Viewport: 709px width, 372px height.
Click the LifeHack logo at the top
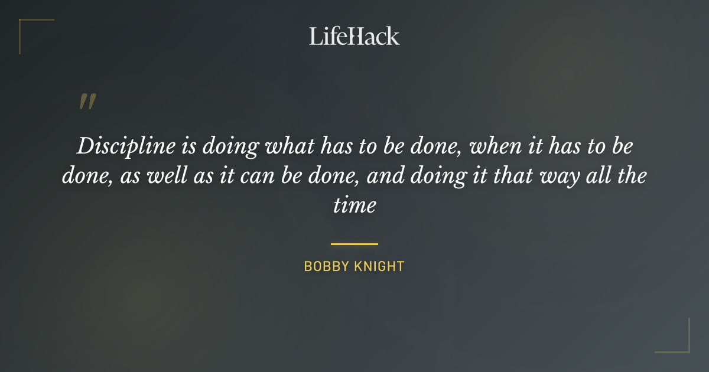click(354, 36)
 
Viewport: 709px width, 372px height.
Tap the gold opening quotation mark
click(87, 102)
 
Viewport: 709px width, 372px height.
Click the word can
click(268, 176)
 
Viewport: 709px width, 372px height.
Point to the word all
click(604, 176)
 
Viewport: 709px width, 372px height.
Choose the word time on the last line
click(354, 205)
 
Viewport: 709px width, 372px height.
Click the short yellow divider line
click(354, 243)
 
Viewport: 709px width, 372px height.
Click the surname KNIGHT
click(380, 266)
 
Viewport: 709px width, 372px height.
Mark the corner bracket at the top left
click(30, 27)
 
